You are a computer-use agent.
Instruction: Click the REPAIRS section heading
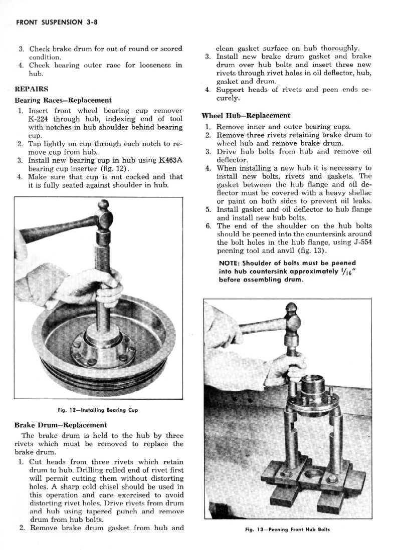32,89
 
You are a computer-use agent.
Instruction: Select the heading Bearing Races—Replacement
63,100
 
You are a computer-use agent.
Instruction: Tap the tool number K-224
41,119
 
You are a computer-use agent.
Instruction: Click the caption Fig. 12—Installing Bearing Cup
97,410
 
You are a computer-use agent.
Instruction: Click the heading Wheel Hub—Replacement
246,116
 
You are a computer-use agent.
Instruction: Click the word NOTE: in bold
230,263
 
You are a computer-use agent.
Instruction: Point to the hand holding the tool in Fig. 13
283,368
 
